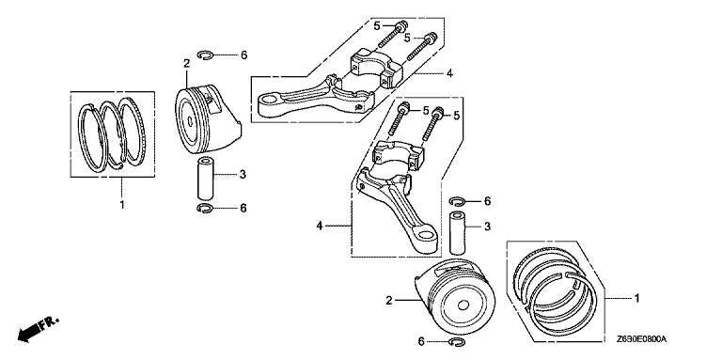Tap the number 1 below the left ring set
click(122, 205)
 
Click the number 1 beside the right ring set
click(637, 298)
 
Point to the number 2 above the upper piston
click(186, 63)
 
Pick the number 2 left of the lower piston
click(389, 301)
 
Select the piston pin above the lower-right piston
click(458, 232)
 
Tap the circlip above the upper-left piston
click(207, 55)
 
